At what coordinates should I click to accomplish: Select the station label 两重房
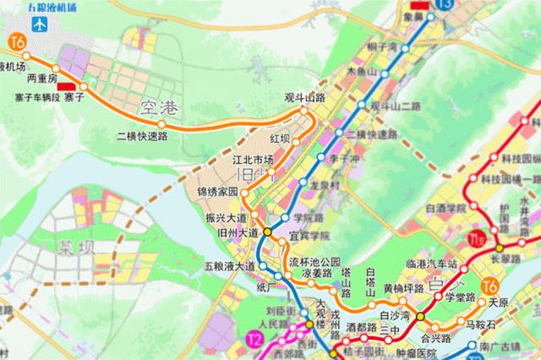click(x=41, y=79)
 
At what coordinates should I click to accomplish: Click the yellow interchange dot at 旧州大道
click(x=267, y=231)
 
